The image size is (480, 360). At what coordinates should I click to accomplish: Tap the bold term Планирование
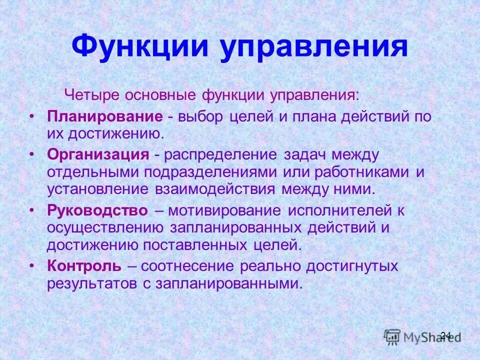pyautogui.click(x=105, y=117)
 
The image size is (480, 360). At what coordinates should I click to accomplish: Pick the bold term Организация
pyautogui.click(x=98, y=154)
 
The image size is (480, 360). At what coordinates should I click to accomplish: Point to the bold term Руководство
pyautogui.click(x=97, y=210)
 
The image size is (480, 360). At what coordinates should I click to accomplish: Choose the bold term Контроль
pyautogui.click(x=84, y=266)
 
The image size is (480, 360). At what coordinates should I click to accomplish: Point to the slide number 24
pyautogui.click(x=445, y=335)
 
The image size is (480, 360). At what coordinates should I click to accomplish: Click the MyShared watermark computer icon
pyautogui.click(x=392, y=336)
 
